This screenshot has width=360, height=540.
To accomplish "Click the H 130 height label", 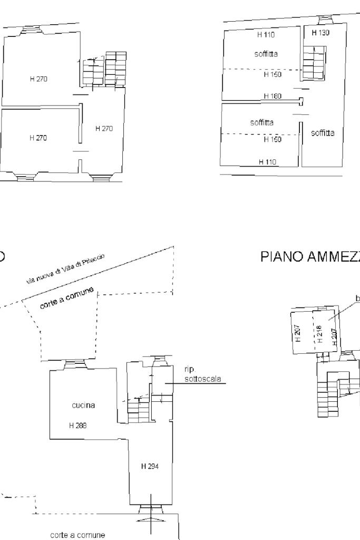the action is click(320, 33).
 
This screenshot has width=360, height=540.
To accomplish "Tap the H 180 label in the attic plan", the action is click(273, 96).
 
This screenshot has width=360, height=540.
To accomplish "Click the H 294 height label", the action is click(150, 466).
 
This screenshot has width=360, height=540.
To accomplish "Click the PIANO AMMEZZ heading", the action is click(310, 257).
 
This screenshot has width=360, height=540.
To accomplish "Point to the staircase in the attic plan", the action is click(313, 62).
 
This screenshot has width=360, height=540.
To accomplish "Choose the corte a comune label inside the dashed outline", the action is click(67, 298).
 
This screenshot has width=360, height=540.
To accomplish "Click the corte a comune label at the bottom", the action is click(77, 534).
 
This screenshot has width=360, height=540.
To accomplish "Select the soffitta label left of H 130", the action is click(266, 54).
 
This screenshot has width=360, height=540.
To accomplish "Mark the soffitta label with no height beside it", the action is click(323, 133).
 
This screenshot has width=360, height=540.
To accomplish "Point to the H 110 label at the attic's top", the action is click(266, 35).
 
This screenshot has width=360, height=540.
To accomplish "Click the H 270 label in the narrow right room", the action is click(104, 128).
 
